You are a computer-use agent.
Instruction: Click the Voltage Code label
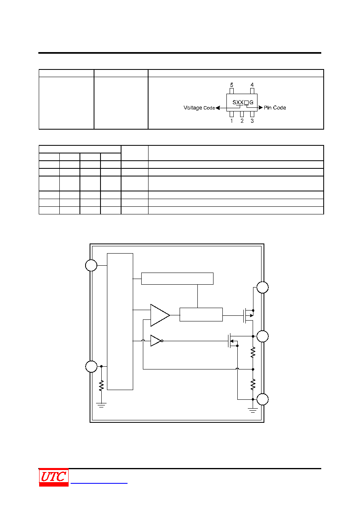(199, 108)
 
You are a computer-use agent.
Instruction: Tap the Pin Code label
(275, 108)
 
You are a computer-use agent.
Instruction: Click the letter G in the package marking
(251, 103)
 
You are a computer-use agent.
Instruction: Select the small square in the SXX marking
(246, 103)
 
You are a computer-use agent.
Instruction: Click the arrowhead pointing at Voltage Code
(218, 108)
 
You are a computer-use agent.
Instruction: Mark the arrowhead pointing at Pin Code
(261, 107)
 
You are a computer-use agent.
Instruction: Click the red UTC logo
(54, 477)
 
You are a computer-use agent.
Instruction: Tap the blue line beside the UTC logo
(99, 483)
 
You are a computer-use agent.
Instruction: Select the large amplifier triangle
(160, 315)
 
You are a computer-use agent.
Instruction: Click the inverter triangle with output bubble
(157, 341)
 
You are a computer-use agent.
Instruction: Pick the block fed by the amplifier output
(201, 315)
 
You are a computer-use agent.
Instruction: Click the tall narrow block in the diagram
(120, 322)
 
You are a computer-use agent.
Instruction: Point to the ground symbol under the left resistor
(101, 405)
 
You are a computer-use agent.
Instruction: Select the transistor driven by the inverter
(232, 341)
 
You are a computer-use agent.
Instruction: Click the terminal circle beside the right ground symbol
(262, 399)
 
